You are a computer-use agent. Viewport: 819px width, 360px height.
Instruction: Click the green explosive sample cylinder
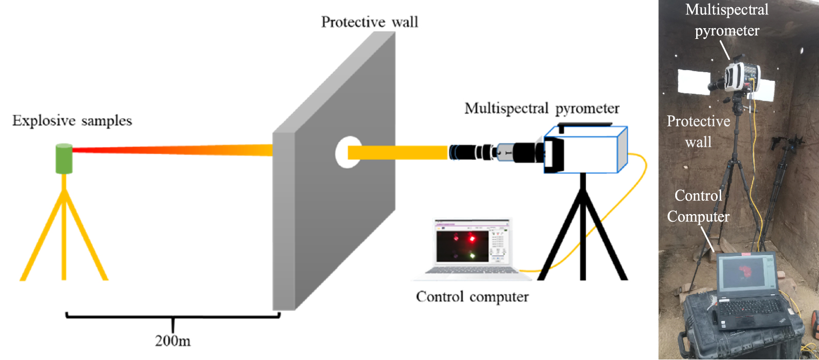(x=64, y=159)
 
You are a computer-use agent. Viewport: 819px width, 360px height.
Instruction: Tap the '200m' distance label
(x=173, y=341)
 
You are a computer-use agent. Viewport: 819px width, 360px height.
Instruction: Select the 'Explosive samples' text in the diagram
(x=72, y=121)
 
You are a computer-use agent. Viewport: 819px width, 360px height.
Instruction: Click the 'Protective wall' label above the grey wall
(x=370, y=22)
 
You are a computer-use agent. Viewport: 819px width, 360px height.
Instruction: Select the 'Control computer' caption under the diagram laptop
(x=472, y=297)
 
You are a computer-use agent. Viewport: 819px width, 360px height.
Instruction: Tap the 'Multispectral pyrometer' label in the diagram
(x=542, y=109)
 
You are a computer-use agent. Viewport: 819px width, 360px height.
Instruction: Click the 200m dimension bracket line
(x=173, y=316)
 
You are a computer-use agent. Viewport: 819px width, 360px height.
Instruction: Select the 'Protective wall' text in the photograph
(x=698, y=131)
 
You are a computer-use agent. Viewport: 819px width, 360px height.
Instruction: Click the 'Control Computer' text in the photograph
(x=698, y=206)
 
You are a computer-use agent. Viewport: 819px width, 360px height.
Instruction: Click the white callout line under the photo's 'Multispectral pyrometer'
(x=725, y=50)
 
